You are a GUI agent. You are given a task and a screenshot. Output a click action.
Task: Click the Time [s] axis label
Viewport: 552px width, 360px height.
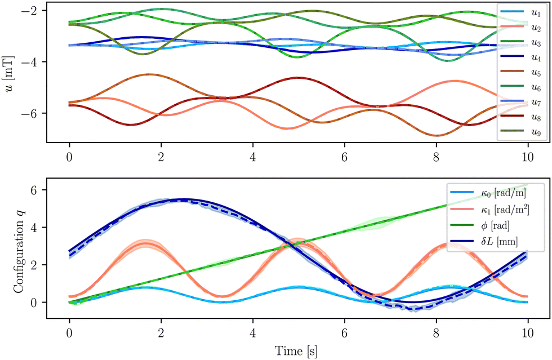(x=296, y=352)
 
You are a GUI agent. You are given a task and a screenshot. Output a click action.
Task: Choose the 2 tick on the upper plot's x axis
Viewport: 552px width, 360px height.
(x=161, y=154)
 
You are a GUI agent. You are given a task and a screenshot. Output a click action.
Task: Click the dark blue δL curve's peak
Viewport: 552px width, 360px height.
(x=186, y=199)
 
